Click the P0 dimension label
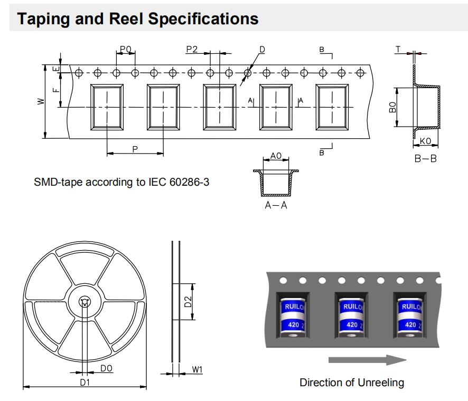click(x=126, y=49)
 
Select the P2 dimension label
click(x=192, y=49)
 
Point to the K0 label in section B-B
click(x=426, y=141)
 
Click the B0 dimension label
click(x=392, y=108)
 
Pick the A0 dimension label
click(x=275, y=156)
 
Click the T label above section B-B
click(x=399, y=49)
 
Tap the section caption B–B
click(x=425, y=158)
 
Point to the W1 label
click(x=196, y=370)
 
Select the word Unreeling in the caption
click(x=380, y=382)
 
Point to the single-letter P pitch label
click(x=135, y=149)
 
